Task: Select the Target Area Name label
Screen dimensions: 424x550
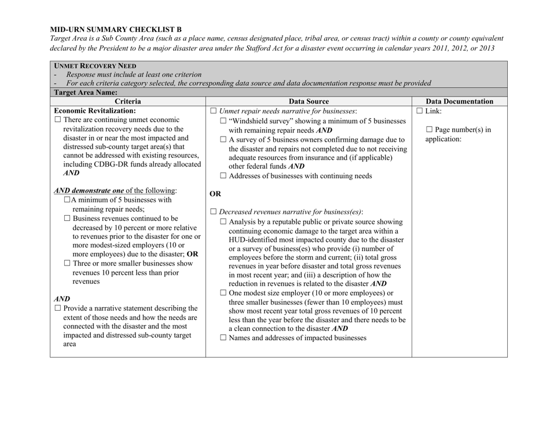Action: click(x=85, y=92)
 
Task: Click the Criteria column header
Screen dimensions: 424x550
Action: click(x=127, y=101)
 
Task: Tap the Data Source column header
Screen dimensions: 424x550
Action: click(x=308, y=101)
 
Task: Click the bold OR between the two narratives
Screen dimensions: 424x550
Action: click(x=216, y=194)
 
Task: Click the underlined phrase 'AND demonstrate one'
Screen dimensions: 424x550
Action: click(x=88, y=191)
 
